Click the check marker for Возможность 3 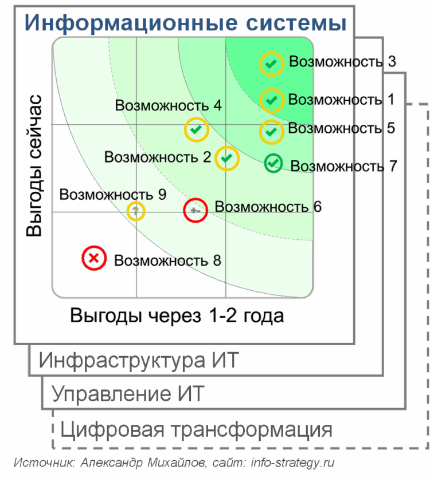272,64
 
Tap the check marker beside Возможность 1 272,100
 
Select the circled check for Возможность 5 272,132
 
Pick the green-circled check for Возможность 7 273,163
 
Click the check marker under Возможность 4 197,129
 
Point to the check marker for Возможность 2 227,159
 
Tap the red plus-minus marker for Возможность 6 196,210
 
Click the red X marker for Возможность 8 94,258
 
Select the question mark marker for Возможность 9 136,211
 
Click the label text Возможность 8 167,260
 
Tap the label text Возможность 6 268,207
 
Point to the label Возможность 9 113,195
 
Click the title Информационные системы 185,22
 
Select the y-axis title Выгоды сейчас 34,165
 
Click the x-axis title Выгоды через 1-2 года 177,315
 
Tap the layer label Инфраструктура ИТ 139,360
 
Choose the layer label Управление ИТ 128,393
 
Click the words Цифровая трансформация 196,429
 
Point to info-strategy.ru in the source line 292,463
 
